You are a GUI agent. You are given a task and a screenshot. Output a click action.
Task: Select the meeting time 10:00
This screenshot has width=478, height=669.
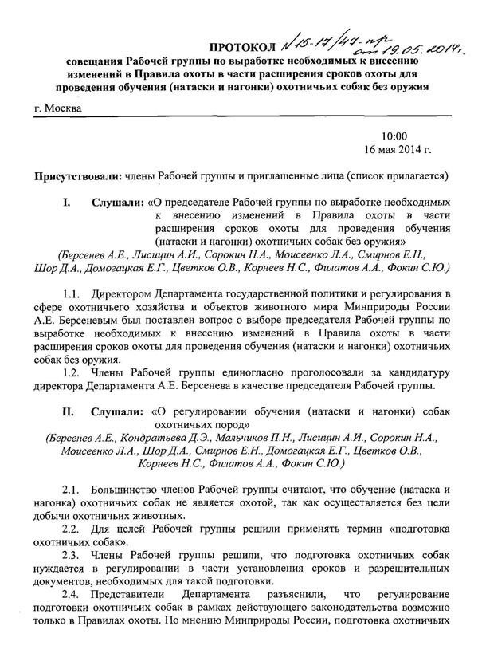394,136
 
